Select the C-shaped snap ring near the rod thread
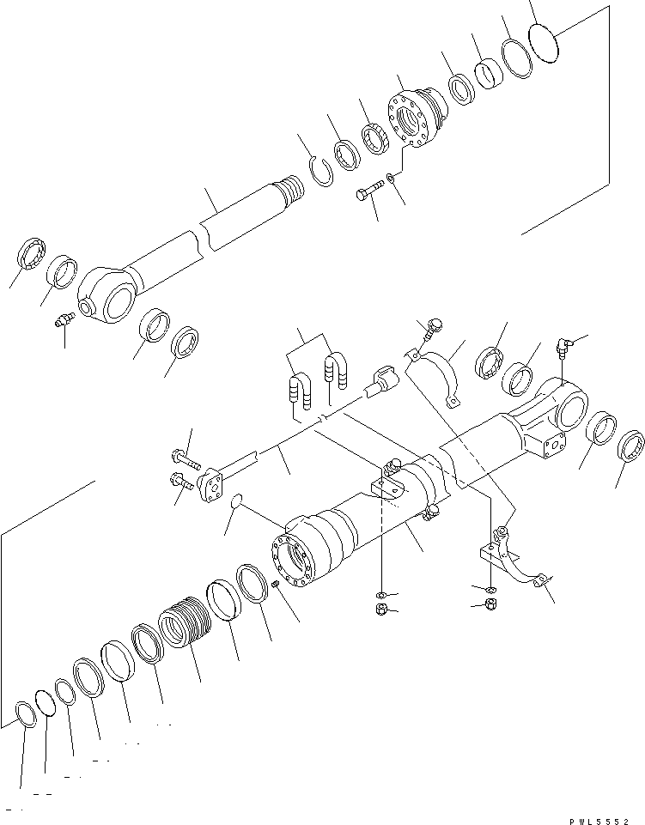point(321,167)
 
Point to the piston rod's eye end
point(106,296)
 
